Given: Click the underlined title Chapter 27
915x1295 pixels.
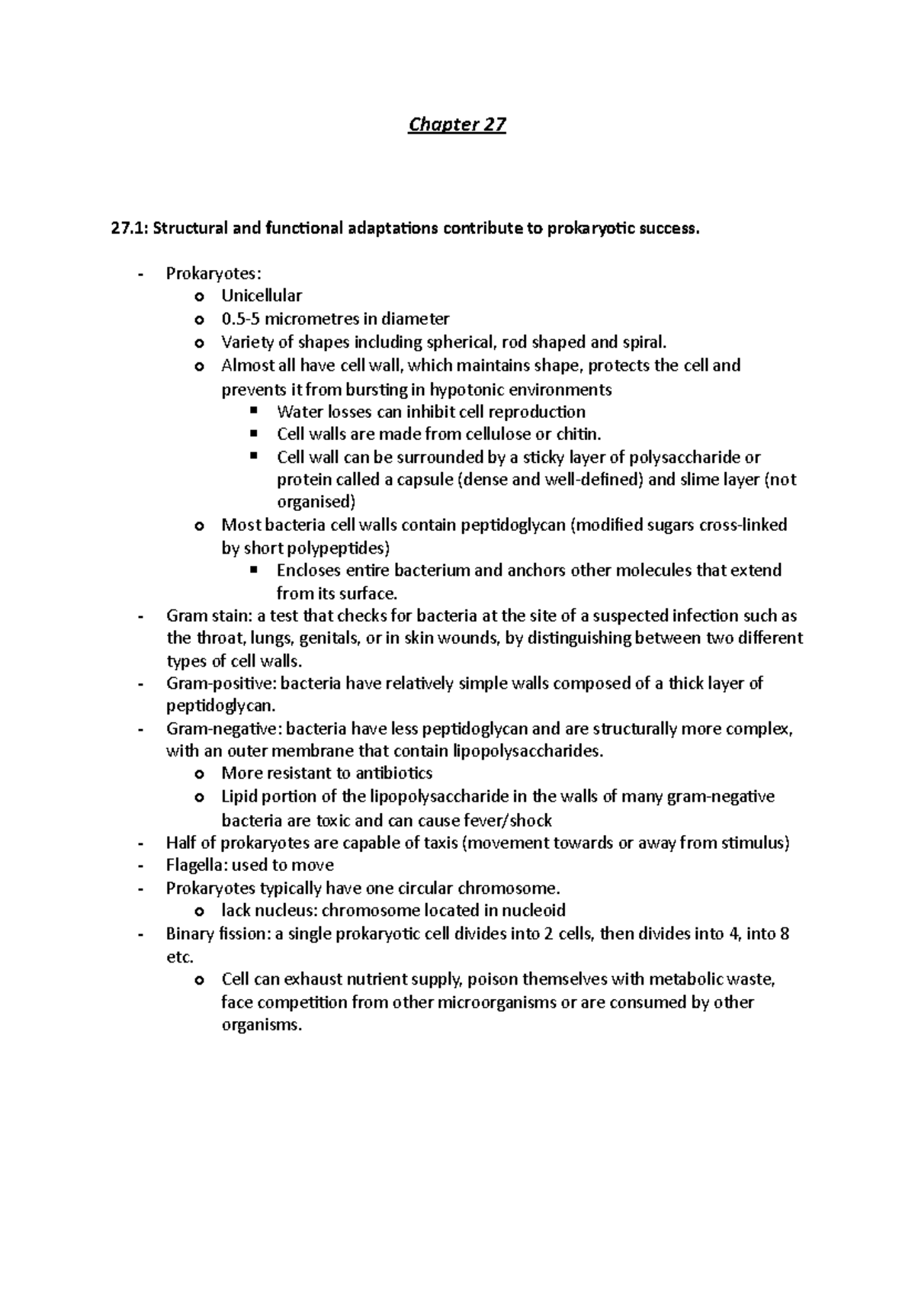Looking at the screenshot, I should (457, 124).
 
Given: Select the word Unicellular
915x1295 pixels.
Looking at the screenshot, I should (262, 296).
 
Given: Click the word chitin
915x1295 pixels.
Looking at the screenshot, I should (579, 435).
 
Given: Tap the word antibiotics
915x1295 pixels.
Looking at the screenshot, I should (392, 773).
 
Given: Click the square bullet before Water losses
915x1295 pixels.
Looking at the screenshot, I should (255, 412).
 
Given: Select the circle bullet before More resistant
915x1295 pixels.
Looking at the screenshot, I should (200, 774).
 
